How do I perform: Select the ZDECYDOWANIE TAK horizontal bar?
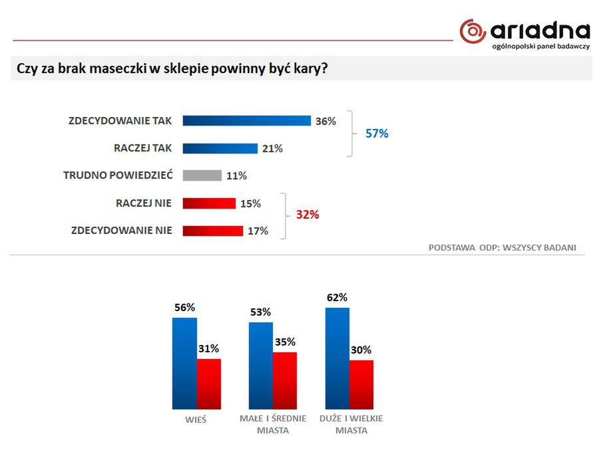click(246, 120)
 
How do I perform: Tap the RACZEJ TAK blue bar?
click(220, 148)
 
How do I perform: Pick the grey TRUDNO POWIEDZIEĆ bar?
click(202, 175)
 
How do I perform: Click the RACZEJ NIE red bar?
click(208, 203)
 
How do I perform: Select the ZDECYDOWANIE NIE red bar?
click(212, 231)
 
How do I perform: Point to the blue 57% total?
click(377, 134)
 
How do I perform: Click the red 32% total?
click(307, 215)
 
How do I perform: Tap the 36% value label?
click(325, 121)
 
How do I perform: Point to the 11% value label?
click(236, 176)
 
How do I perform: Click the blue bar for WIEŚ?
click(184, 363)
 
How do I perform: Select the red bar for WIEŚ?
click(208, 384)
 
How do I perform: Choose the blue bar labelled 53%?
click(261, 366)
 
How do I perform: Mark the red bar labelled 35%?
click(285, 380)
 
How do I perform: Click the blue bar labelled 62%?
click(337, 358)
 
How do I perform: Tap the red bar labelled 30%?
click(361, 384)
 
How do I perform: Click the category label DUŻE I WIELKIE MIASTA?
click(351, 424)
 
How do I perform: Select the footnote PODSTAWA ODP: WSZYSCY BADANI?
click(502, 247)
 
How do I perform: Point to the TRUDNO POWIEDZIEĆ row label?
click(118, 175)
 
